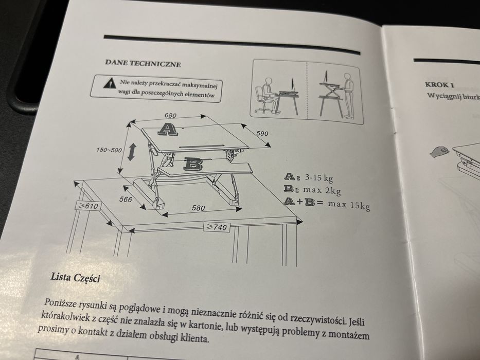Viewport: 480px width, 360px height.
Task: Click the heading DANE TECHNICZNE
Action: pyautogui.click(x=143, y=63)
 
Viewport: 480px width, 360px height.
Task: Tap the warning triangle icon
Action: pyautogui.click(x=108, y=83)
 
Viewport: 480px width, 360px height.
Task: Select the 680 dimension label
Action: pyautogui.click(x=170, y=115)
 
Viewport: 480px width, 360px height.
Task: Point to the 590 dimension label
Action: pyautogui.click(x=262, y=133)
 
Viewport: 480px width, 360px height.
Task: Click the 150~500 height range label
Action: pyautogui.click(x=109, y=150)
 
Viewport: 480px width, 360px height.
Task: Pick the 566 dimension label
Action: pyautogui.click(x=126, y=200)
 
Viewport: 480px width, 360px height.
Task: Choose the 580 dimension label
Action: pyautogui.click(x=199, y=208)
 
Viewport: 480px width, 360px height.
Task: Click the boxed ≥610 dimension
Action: pyautogui.click(x=88, y=206)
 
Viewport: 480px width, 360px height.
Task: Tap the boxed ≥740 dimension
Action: pyautogui.click(x=217, y=227)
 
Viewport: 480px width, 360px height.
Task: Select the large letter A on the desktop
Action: pyautogui.click(x=167, y=129)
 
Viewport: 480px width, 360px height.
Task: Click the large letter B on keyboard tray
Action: pyautogui.click(x=193, y=164)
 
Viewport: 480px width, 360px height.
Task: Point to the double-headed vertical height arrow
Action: pyautogui.click(x=132, y=152)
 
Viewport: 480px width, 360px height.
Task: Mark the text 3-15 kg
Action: pyautogui.click(x=318, y=177)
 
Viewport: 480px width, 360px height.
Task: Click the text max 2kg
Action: pyautogui.click(x=322, y=190)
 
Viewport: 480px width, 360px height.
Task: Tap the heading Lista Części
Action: pyautogui.click(x=75, y=278)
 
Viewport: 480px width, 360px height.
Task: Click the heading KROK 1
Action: pyautogui.click(x=439, y=85)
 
